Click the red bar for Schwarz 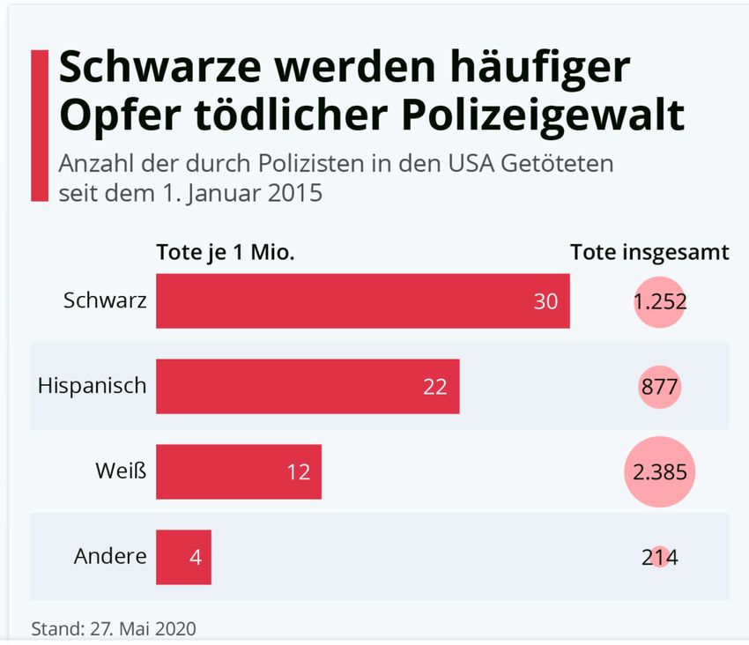tap(362, 301)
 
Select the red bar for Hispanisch tap(308, 387)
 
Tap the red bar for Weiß tap(238, 471)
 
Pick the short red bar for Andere tap(183, 557)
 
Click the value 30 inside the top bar tap(545, 301)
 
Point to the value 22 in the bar tap(434, 387)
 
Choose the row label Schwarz tap(105, 300)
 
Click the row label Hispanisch tap(93, 385)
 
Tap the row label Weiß tap(120, 471)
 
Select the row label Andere tap(110, 556)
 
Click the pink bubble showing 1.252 tap(659, 301)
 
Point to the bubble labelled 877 tap(660, 387)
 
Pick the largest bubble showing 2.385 tap(659, 471)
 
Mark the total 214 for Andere tap(660, 557)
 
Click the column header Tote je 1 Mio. tap(226, 252)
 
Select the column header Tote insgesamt tap(649, 252)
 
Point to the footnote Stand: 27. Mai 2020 tap(114, 629)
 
